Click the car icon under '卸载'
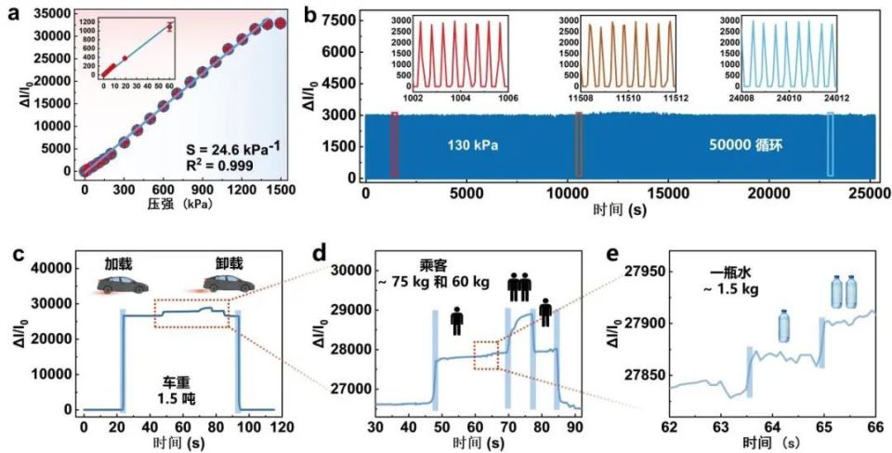click(220, 285)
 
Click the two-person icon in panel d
click(518, 286)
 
